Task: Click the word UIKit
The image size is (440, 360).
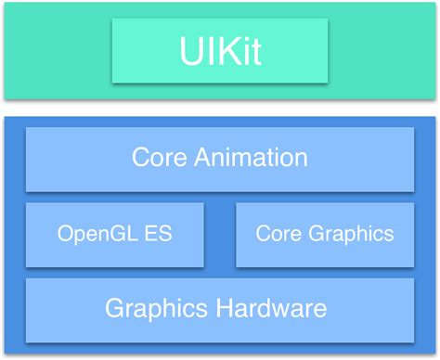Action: [220, 51]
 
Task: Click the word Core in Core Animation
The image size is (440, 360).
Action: [155, 157]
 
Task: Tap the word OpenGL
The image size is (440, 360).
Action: [91, 233]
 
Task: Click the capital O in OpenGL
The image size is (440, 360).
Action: [65, 233]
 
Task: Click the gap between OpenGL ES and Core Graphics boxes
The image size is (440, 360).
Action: [217, 233]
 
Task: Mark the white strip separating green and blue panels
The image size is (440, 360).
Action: [220, 107]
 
